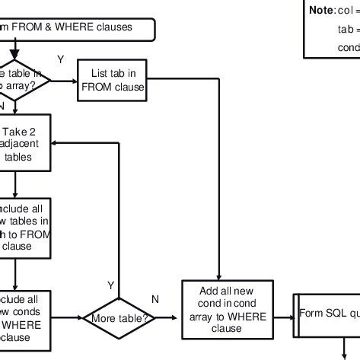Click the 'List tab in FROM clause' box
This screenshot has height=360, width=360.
112,80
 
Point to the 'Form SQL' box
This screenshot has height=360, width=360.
328,313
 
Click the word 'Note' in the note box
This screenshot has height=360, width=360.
320,11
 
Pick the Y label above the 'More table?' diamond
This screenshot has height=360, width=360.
110,285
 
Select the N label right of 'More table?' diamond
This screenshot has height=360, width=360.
155,299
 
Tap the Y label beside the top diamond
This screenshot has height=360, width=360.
60,59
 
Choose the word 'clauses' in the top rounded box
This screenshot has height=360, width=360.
113,27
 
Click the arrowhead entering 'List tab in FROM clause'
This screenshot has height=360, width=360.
75,80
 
